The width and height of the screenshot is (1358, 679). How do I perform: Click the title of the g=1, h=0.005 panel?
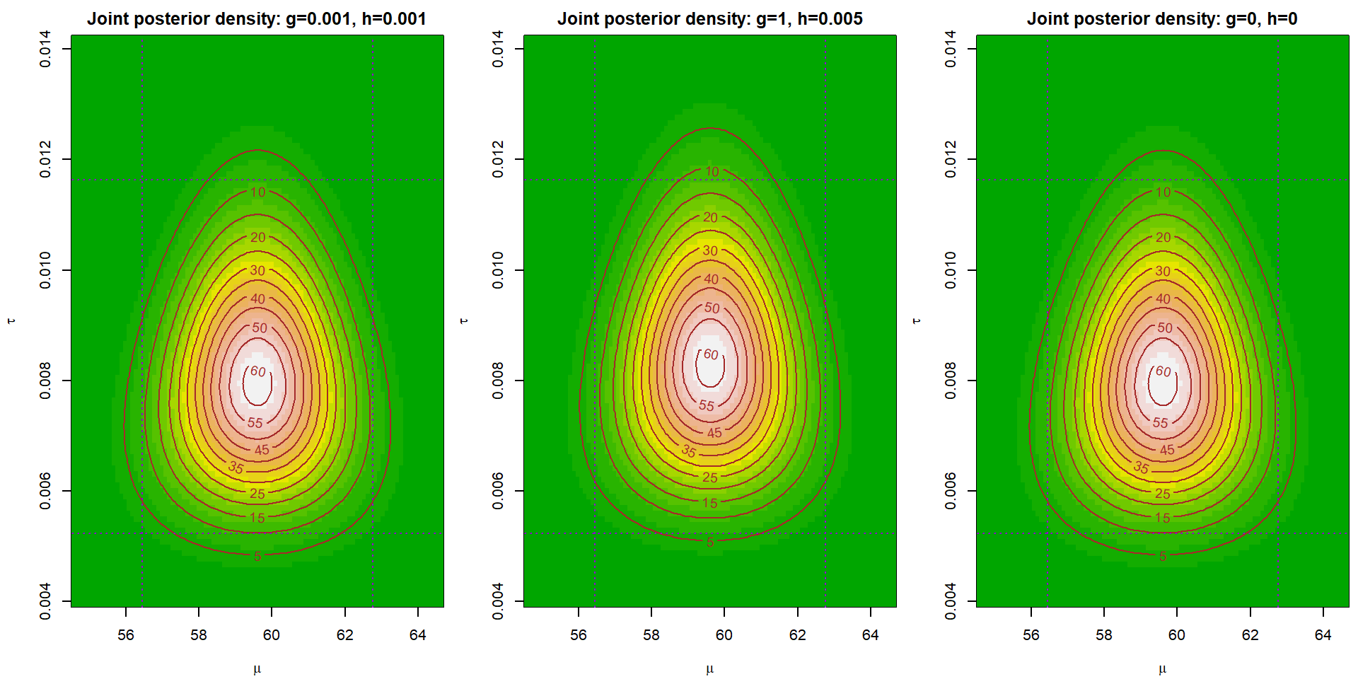(x=709, y=19)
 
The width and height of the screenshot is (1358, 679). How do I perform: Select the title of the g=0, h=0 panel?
(x=1162, y=19)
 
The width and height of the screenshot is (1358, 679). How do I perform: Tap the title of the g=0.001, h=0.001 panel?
(x=257, y=19)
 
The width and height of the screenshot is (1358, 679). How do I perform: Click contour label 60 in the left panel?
(x=258, y=371)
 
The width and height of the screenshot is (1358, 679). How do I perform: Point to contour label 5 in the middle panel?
(x=710, y=542)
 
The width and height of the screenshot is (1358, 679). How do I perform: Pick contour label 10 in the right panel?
(x=1163, y=192)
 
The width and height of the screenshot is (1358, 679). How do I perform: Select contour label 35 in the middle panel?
(x=689, y=451)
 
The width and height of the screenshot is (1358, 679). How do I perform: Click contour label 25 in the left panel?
(x=257, y=494)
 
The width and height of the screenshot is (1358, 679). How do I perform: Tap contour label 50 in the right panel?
(x=1165, y=327)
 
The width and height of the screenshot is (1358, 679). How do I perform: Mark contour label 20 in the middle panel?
(x=710, y=218)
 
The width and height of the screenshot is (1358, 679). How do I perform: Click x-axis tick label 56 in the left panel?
(x=126, y=635)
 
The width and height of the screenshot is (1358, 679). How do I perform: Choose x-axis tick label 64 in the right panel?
(x=1323, y=635)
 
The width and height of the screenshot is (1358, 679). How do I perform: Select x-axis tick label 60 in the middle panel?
(x=724, y=635)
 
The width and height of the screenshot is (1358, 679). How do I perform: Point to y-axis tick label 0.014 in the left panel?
(x=45, y=49)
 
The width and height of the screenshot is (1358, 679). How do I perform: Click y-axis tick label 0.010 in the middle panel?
(x=498, y=270)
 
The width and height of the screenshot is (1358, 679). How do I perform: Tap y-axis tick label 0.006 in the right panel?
(x=951, y=491)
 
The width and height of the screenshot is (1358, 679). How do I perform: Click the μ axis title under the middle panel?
(x=709, y=669)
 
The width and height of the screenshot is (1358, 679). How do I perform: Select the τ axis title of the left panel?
(x=11, y=321)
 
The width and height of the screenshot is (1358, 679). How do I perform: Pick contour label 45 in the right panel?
(x=1167, y=450)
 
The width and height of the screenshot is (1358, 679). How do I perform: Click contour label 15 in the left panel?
(x=257, y=518)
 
